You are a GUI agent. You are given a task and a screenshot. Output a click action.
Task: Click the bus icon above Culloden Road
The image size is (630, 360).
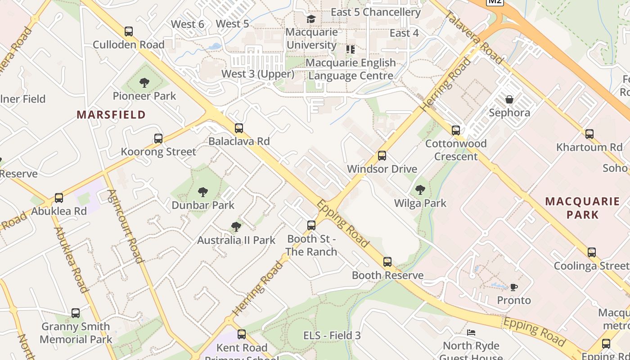tap(129, 31)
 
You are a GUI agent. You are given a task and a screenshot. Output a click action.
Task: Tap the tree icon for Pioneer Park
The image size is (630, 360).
tap(144, 83)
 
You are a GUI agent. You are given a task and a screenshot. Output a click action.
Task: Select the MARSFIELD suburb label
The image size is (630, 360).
tap(111, 115)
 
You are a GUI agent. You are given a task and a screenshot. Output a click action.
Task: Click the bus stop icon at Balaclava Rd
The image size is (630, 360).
tap(239, 128)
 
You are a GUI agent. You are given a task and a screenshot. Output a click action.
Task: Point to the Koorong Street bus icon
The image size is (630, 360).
tap(158, 139)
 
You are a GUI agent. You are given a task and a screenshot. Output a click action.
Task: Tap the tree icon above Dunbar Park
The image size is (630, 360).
tap(203, 192)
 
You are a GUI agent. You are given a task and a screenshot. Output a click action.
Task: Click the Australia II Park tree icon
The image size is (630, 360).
tap(236, 227)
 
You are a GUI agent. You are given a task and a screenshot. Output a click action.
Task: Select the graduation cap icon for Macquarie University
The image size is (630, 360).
tap(311, 19)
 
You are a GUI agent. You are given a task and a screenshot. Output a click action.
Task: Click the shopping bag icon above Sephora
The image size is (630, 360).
tap(509, 99)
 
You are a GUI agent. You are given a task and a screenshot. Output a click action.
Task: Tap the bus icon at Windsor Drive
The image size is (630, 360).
tap(382, 156)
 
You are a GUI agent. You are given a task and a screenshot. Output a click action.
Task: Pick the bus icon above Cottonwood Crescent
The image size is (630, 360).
tap(456, 130)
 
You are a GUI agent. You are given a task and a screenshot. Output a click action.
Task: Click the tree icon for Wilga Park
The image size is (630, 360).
tap(420, 190)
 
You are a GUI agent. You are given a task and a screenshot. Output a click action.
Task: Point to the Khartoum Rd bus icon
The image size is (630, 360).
tap(589, 134)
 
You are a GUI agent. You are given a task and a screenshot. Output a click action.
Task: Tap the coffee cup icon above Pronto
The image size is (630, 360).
tap(514, 287)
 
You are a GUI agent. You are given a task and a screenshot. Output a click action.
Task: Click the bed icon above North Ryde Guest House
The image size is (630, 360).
tap(471, 333)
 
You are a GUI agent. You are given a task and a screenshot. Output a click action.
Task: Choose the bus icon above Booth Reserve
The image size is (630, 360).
tap(387, 262)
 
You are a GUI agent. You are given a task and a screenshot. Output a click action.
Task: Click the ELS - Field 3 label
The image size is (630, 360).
tap(332, 335)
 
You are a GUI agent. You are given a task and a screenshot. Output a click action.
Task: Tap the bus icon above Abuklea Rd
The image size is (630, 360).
tap(59, 198)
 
